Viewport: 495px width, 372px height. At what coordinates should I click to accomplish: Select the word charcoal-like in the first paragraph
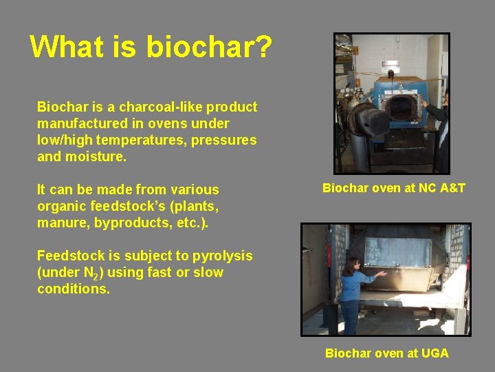click(161, 107)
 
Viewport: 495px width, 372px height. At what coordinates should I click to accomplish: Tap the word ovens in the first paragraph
click(185, 124)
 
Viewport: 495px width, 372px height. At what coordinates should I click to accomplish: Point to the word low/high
click(65, 141)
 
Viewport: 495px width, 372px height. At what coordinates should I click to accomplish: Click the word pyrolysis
click(219, 256)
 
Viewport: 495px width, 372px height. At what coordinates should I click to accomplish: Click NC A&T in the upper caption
click(440, 188)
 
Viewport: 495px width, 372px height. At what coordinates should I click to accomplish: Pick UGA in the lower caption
click(434, 353)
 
